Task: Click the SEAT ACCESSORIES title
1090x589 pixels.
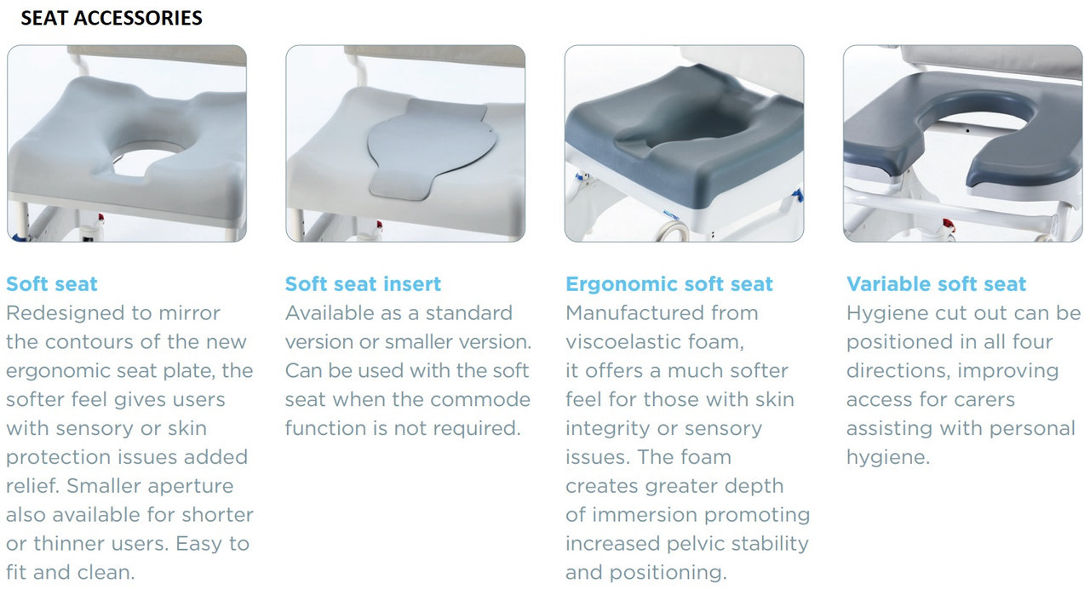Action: [x=112, y=18]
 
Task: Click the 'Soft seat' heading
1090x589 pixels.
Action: [x=52, y=283]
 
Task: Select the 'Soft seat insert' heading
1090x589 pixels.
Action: [x=364, y=283]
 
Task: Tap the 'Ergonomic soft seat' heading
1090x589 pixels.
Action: [x=669, y=283]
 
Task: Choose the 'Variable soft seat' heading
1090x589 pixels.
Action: [x=937, y=283]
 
